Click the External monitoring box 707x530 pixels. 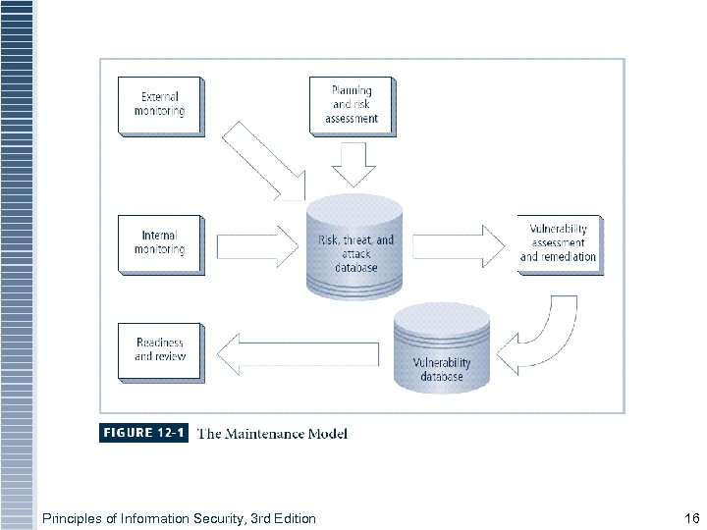[160, 105]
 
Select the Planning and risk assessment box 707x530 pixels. [352, 105]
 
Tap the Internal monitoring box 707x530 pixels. [160, 242]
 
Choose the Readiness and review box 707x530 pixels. [160, 349]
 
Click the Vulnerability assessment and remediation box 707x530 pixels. [558, 243]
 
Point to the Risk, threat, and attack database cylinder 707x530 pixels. [355, 245]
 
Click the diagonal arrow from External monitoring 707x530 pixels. [264, 159]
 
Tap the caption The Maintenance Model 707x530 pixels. [272, 433]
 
